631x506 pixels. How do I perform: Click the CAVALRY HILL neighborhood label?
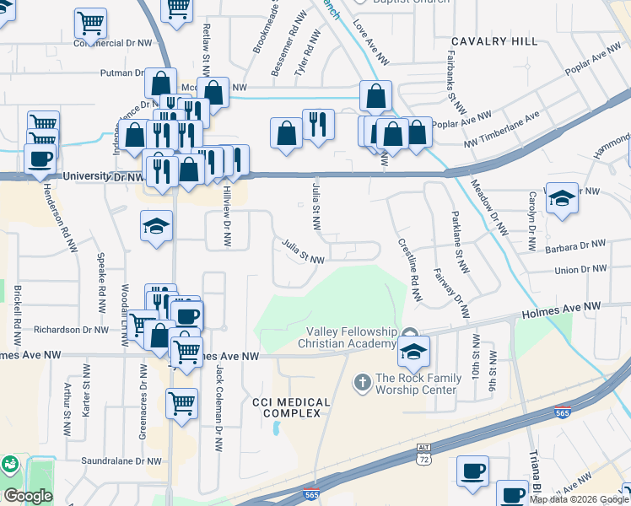coord(493,41)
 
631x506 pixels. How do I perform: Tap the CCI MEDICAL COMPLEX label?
coord(286,407)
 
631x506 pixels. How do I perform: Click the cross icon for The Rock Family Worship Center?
coord(362,384)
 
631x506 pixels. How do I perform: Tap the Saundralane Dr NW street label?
coord(121,461)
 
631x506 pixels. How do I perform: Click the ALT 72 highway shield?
coord(424,455)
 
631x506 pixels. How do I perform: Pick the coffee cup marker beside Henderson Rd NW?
coord(40,158)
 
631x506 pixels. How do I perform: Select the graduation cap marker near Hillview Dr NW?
coord(156,225)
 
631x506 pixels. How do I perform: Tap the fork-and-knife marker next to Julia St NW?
coord(318,124)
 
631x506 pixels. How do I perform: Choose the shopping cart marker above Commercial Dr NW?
coord(91,21)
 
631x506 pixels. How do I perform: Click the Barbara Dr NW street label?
coord(576,245)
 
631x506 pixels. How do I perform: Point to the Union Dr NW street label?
coord(581,270)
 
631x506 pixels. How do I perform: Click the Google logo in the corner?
coord(28,496)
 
